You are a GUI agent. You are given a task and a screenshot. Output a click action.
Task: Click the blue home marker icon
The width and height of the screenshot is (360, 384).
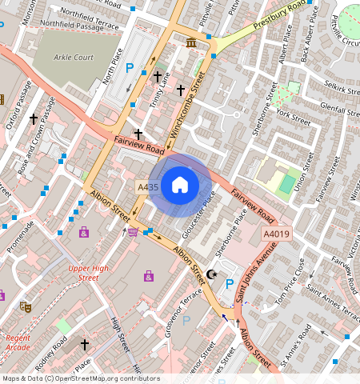tap(180, 185)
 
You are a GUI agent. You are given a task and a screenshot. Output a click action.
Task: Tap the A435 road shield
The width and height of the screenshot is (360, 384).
tap(148, 187)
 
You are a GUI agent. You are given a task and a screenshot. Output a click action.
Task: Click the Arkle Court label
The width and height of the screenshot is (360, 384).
tap(74, 58)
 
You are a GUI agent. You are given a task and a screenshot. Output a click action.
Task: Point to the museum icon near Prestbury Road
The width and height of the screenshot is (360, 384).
tap(191, 42)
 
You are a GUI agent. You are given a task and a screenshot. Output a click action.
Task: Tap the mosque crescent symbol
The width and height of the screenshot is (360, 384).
tap(212, 274)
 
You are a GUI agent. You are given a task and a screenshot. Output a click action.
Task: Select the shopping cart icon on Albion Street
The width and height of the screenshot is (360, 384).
tap(133, 232)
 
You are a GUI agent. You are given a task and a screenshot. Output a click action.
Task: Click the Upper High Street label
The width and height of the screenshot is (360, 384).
tap(88, 274)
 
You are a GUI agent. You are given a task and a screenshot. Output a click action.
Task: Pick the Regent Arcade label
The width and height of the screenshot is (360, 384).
tap(18, 343)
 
